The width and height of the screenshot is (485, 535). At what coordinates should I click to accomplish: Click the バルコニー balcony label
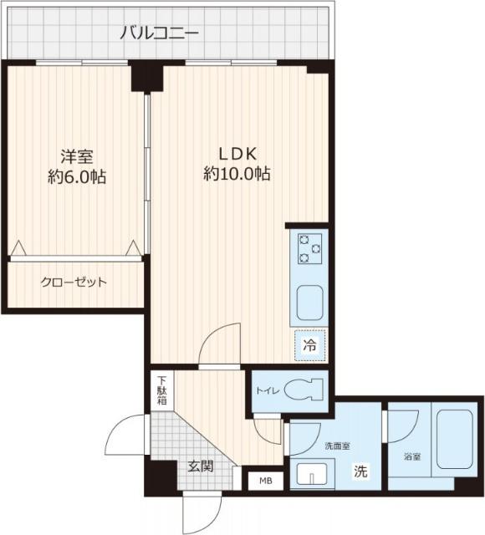[159, 33]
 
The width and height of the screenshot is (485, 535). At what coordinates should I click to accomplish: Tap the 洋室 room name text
[76, 156]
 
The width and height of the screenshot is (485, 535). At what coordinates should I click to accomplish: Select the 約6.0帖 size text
[76, 177]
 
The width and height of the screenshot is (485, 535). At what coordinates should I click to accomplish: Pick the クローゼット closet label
[74, 283]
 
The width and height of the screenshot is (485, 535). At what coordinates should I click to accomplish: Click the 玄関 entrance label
[200, 466]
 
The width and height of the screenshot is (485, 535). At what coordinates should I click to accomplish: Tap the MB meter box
[265, 481]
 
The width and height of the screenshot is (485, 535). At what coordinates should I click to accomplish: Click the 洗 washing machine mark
[360, 471]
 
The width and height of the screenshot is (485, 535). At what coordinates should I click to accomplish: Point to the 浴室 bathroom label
[412, 457]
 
